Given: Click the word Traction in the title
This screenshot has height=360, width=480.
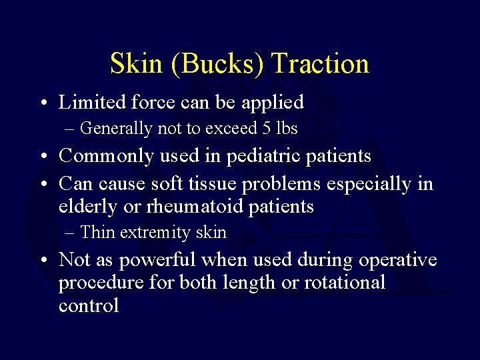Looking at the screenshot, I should click(x=321, y=64).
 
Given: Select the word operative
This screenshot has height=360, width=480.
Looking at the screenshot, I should click(x=396, y=259).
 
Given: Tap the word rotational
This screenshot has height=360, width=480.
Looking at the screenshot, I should click(x=345, y=282).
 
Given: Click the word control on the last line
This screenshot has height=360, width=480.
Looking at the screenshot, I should click(x=89, y=305).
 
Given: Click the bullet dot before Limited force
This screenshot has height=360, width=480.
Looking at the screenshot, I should click(x=42, y=103).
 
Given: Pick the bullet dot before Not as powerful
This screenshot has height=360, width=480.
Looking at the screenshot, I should click(x=42, y=259).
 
